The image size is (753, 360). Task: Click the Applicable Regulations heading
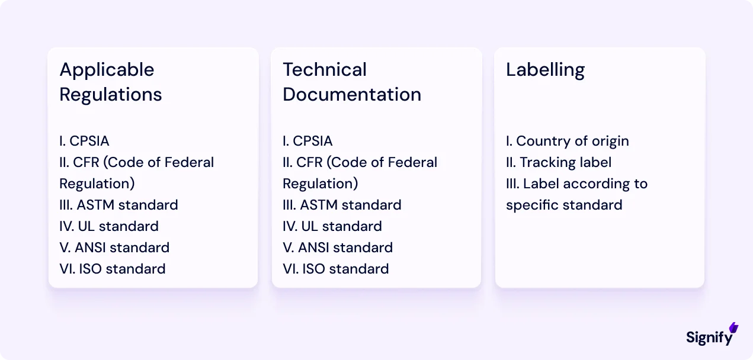[x=111, y=82]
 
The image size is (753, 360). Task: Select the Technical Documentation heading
[x=352, y=82]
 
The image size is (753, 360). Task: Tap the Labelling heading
[x=545, y=70]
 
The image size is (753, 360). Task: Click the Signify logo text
[x=709, y=337]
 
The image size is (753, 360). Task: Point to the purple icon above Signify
[x=733, y=327]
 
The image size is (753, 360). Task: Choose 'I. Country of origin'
[x=567, y=141]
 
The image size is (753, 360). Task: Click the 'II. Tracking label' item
[x=558, y=162]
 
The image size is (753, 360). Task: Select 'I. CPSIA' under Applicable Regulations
[x=84, y=141]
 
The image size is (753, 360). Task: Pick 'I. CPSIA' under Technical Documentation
[x=307, y=141]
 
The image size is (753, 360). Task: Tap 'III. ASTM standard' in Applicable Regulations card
[x=118, y=205]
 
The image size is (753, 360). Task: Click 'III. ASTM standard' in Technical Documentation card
[x=342, y=205]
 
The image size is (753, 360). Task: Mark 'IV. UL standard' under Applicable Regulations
[x=109, y=226]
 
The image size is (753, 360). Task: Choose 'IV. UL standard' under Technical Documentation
[x=332, y=226]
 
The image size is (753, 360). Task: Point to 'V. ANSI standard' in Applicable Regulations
[x=114, y=247]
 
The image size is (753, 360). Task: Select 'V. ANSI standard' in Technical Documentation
[x=338, y=247]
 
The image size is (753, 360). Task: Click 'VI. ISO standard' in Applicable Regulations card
[x=113, y=269]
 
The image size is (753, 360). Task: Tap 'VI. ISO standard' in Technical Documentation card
[x=336, y=269]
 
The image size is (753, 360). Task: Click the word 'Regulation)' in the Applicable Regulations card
[x=97, y=184]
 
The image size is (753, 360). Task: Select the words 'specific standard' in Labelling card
[x=564, y=205]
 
